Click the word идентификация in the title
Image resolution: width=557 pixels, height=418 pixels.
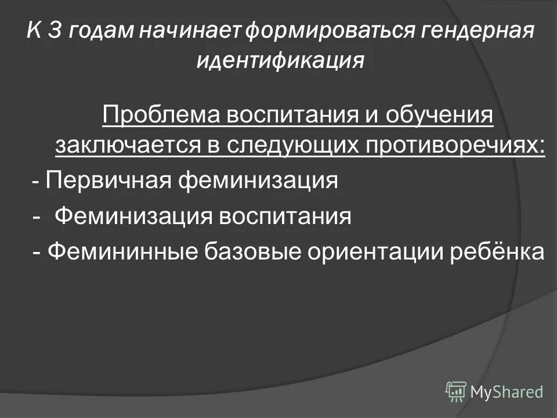coord(280,60)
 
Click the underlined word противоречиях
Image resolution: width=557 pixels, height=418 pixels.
coord(457,146)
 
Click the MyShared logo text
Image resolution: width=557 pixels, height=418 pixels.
coord(507,392)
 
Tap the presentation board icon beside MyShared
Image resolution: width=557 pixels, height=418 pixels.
coord(456,391)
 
